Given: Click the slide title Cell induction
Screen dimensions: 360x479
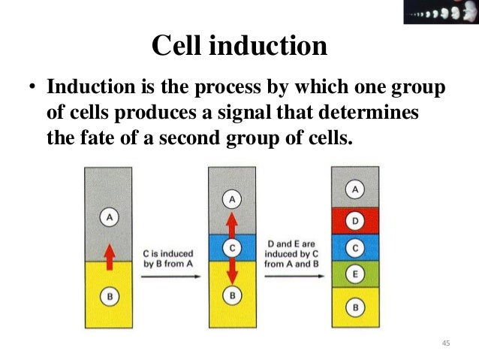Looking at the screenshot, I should coord(239,47).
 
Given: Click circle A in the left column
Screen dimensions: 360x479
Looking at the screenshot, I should coord(108,217).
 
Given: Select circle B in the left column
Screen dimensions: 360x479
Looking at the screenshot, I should coord(108,296).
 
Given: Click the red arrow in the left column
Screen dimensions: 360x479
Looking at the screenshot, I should coord(108,256).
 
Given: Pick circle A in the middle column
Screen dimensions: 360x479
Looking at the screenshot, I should coord(232,199).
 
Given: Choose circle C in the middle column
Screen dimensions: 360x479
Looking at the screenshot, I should coord(232,247).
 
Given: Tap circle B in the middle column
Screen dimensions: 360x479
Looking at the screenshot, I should coord(232,296).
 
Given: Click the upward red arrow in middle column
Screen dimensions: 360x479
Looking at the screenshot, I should coord(232,223).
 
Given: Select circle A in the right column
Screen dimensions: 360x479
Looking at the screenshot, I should coord(354,189).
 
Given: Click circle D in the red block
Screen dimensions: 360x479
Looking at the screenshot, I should coord(354,221).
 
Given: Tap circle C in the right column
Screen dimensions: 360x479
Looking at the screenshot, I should coord(354,247).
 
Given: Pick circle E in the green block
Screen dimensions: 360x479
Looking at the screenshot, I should coord(354,274).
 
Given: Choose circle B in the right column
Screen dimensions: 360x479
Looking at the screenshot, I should coord(354,306).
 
